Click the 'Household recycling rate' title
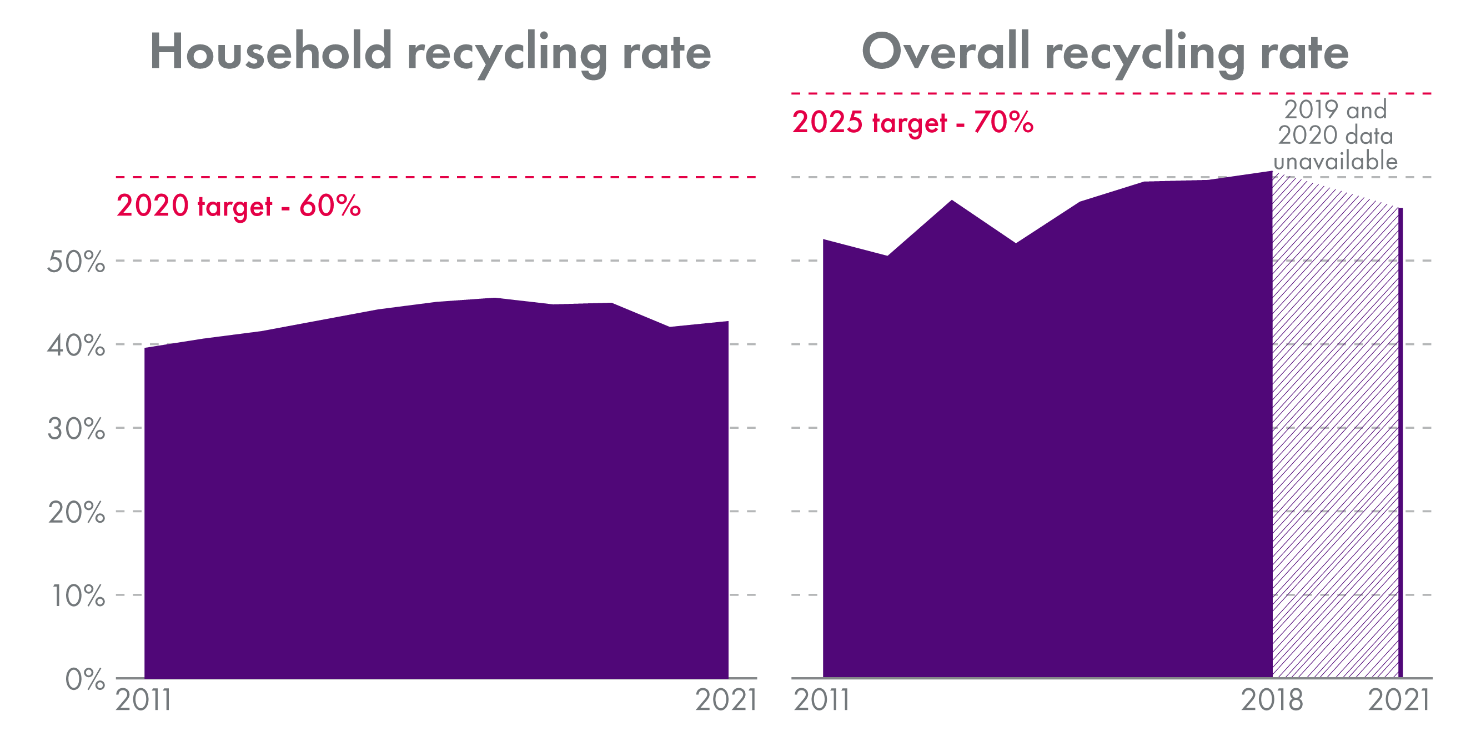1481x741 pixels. point(430,53)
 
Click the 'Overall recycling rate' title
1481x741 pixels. point(1105,53)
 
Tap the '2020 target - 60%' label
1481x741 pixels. point(239,206)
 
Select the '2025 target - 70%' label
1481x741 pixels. point(912,123)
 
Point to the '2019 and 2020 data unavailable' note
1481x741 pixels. point(1335,136)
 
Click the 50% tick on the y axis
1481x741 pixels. point(77,262)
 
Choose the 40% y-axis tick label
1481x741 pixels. point(77,346)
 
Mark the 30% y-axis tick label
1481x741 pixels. point(77,429)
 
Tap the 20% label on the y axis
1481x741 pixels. point(77,513)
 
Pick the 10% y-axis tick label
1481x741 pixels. point(78,596)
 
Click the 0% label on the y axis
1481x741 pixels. point(85,679)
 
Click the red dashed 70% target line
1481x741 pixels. point(1110,93)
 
